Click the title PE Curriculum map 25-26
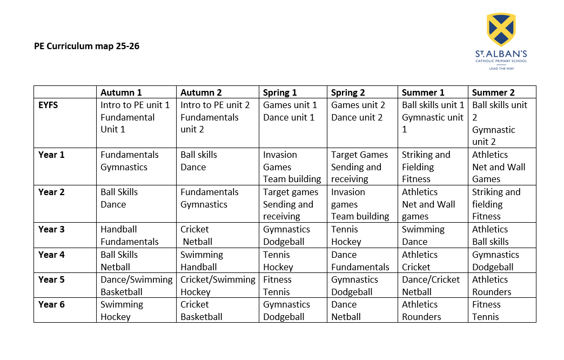coord(86,46)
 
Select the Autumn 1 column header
coord(121,92)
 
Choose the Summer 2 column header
coord(493,92)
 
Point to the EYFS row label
coord(48,105)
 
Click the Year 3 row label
coord(51,229)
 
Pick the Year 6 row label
coord(51,304)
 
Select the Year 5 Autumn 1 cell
coord(136,285)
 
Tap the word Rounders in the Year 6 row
coord(421,317)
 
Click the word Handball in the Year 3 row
coord(119,229)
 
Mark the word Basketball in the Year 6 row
coord(201,317)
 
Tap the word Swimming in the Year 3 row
coord(423,229)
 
